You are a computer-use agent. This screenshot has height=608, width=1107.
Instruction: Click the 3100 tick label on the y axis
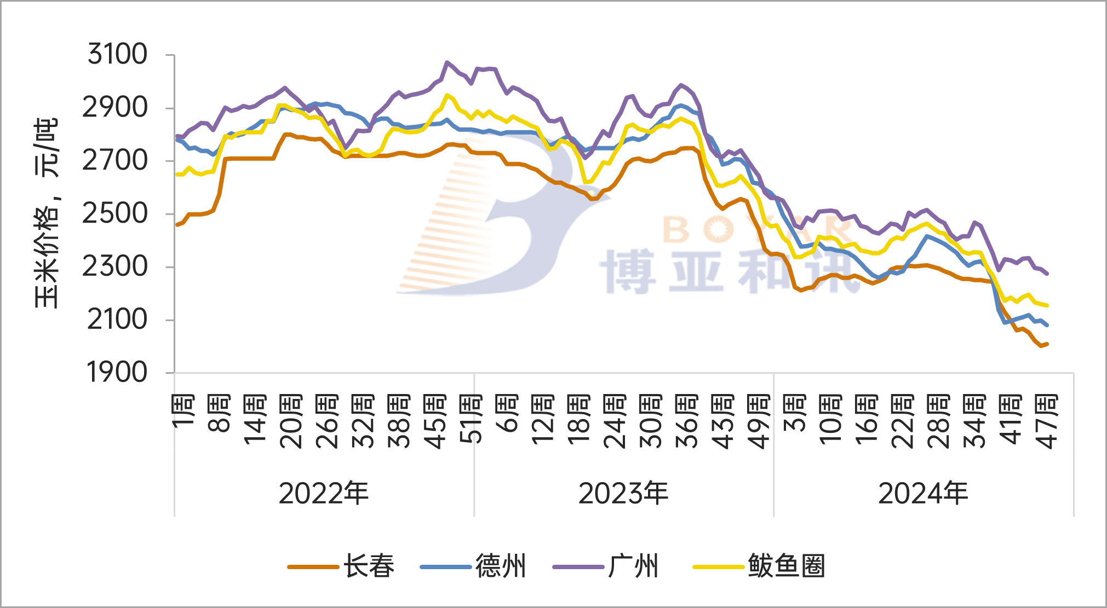coord(117,54)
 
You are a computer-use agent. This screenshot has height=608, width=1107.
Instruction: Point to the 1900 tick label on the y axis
coord(117,373)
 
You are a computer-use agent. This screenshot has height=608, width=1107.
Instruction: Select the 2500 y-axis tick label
coord(115,213)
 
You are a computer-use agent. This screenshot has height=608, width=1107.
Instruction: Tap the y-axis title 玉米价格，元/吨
coord(46,213)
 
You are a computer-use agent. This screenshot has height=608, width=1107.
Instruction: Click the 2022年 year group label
coord(323,494)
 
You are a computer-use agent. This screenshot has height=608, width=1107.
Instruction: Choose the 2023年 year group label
coord(623,494)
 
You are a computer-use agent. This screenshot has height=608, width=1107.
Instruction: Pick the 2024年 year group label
coord(923,494)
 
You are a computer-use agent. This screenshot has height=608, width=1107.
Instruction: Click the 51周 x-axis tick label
coord(471,419)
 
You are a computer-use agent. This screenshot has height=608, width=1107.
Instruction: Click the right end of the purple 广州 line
coord(1047,273)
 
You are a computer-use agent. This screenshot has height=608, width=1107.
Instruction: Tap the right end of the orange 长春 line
coord(1047,344)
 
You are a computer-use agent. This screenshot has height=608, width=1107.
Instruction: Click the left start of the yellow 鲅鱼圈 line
coord(176,175)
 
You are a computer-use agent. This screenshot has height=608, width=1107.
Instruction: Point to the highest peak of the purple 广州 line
coord(447,62)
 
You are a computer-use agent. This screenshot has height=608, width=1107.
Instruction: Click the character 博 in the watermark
coord(628,271)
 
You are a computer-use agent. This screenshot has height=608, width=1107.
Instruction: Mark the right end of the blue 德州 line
coord(1047,325)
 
